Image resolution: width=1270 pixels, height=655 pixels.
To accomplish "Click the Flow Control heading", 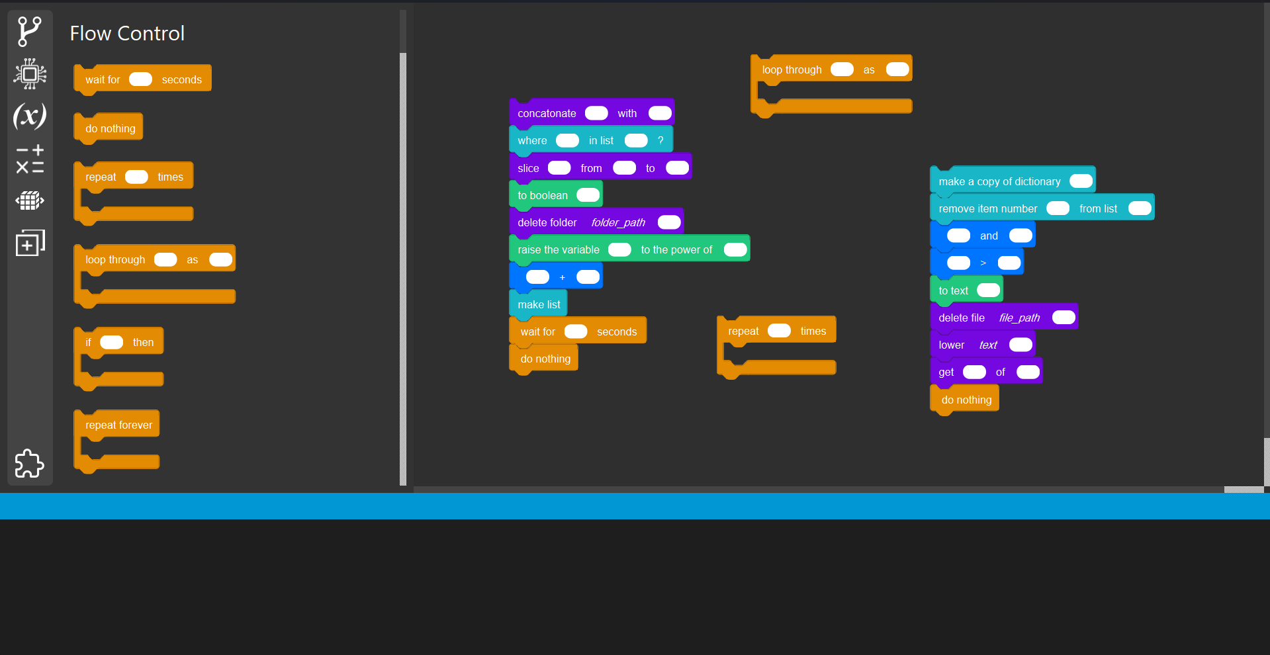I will point(127,33).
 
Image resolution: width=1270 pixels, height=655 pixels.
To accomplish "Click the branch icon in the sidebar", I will point(30,31).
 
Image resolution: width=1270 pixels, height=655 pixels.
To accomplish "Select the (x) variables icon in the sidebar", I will point(30,116).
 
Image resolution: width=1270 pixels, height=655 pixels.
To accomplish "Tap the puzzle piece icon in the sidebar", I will point(30,463).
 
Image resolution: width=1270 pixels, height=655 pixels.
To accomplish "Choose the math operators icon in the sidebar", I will point(30,159).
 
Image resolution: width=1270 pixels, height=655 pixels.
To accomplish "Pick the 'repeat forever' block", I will point(118,425).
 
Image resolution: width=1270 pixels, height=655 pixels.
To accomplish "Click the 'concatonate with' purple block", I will point(547,113).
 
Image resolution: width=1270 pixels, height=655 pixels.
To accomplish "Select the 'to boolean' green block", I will point(542,195).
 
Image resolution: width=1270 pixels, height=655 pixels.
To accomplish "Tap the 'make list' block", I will point(539,304).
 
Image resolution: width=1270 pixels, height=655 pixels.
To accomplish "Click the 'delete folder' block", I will point(547,222).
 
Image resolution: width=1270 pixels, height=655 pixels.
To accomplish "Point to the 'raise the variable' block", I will point(558,249).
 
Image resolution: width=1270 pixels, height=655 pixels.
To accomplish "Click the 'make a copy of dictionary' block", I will point(999,181).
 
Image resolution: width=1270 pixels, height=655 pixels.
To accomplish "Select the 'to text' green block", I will point(953,290).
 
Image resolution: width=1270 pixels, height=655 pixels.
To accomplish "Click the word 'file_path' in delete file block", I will point(1019,318).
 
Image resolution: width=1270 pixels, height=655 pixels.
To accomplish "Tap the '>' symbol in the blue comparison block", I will point(983,263).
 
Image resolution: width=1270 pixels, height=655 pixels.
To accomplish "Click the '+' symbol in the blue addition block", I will point(563,277).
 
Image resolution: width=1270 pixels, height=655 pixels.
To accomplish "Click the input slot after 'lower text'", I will point(1020,345).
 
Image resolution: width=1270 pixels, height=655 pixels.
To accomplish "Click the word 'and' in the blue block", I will point(989,236).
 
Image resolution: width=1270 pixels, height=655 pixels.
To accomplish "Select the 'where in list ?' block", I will point(532,140).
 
